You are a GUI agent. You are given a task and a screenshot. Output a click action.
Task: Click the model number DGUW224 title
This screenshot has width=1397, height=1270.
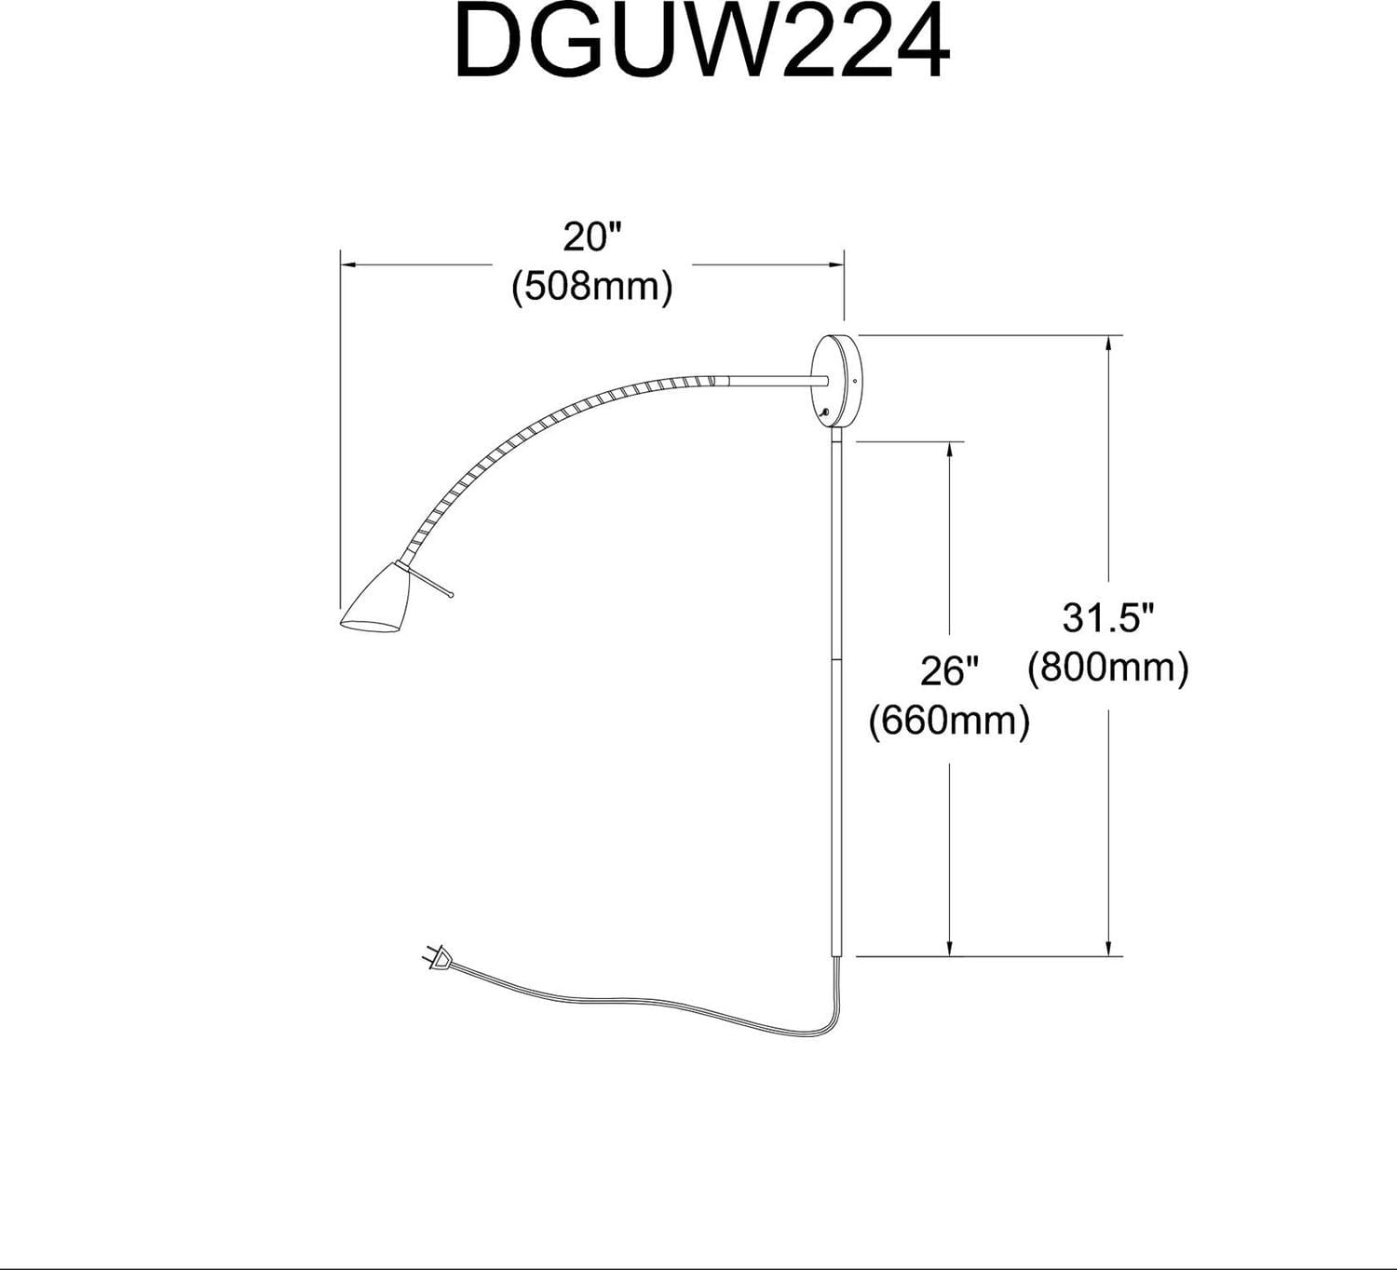(702, 41)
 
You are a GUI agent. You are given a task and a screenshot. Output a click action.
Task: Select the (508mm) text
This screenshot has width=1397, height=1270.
(592, 286)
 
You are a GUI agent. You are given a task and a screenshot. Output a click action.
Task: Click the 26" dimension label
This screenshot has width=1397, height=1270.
(949, 671)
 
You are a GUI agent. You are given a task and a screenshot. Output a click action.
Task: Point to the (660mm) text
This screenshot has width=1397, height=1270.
(949, 721)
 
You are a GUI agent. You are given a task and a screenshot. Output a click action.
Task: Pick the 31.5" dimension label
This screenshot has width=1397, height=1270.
(1108, 617)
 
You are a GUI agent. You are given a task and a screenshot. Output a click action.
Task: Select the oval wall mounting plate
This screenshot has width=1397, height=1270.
(836, 382)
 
